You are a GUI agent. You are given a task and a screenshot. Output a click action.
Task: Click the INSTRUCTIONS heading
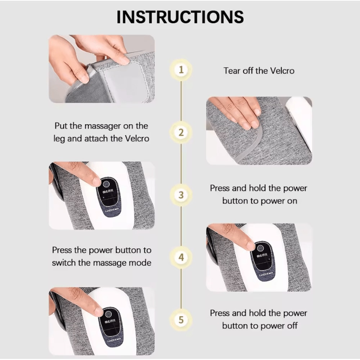(180, 17)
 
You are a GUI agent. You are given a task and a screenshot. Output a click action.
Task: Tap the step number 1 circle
(181, 69)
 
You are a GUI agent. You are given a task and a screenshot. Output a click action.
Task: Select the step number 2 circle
(181, 132)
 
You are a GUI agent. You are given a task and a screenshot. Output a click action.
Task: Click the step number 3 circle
(181, 195)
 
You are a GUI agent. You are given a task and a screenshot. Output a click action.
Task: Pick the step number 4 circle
(181, 257)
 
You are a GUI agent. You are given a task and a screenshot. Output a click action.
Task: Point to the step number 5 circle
(181, 320)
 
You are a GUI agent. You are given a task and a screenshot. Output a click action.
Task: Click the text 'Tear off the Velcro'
(258, 71)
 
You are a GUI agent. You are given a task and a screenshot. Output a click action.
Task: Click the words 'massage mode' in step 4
(122, 262)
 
